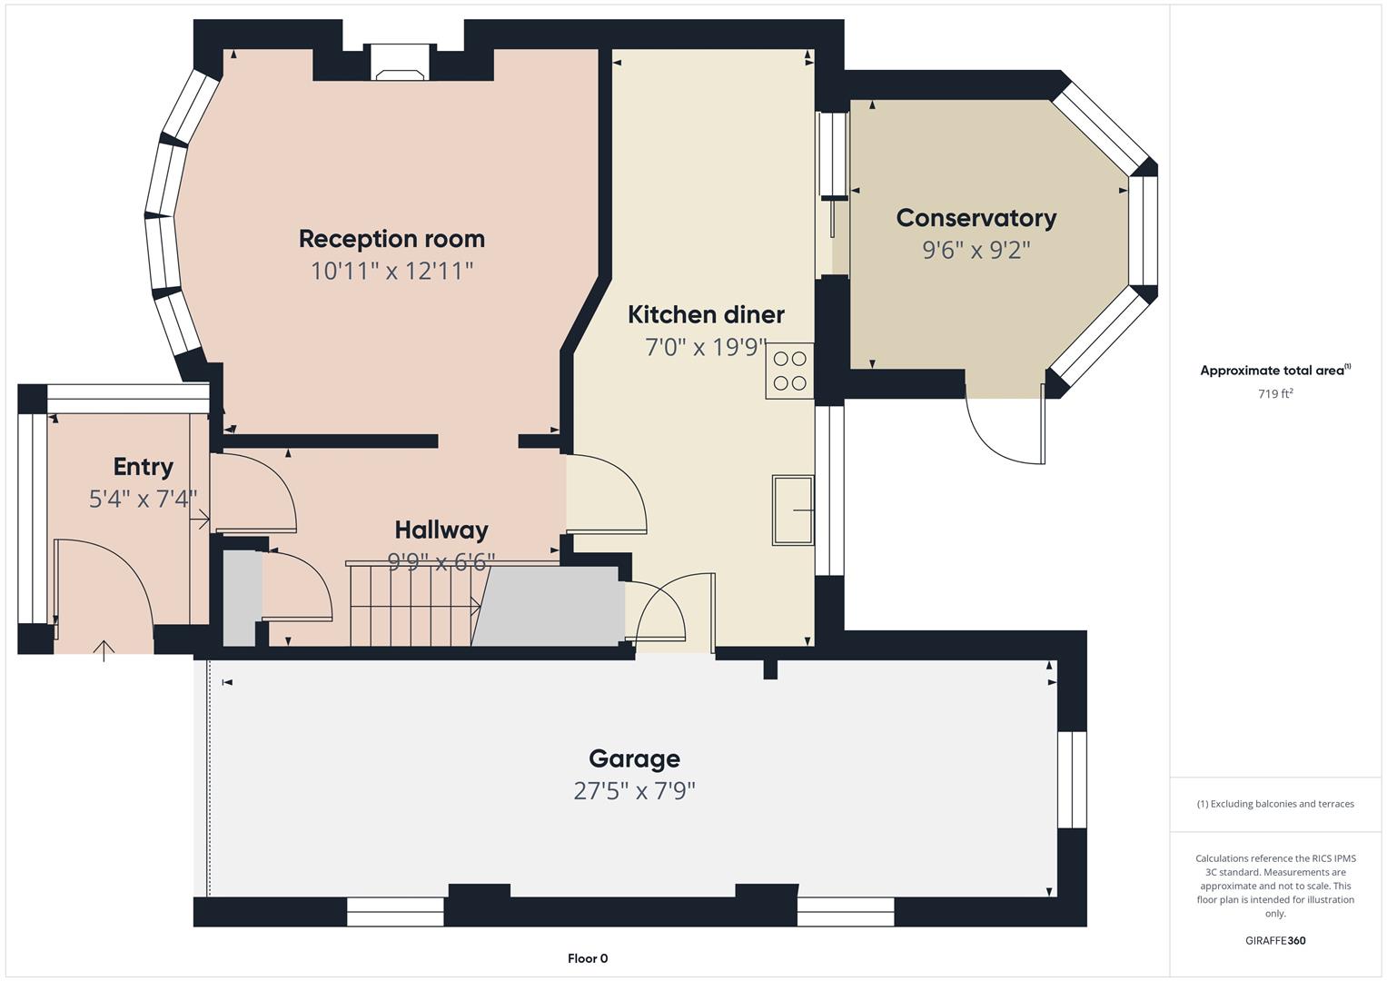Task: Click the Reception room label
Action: click(x=391, y=239)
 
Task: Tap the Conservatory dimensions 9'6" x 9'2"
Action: click(x=976, y=250)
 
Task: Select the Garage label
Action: click(x=634, y=758)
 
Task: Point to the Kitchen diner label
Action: click(x=706, y=314)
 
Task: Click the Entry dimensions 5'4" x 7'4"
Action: click(x=143, y=499)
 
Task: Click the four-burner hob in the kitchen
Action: click(x=788, y=371)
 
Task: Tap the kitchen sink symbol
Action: click(x=792, y=510)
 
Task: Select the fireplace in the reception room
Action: click(x=401, y=74)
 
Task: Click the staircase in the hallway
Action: click(x=413, y=604)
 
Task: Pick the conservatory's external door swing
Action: click(x=1004, y=432)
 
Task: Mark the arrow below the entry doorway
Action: click(x=104, y=650)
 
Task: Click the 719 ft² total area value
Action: click(x=1274, y=394)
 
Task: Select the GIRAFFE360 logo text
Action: click(x=1274, y=940)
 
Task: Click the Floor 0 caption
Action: click(x=588, y=958)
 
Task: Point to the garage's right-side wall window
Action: click(x=1071, y=779)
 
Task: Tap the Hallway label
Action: click(x=441, y=530)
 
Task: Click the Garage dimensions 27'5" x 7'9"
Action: click(x=634, y=791)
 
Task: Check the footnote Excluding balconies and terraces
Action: click(x=1274, y=804)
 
